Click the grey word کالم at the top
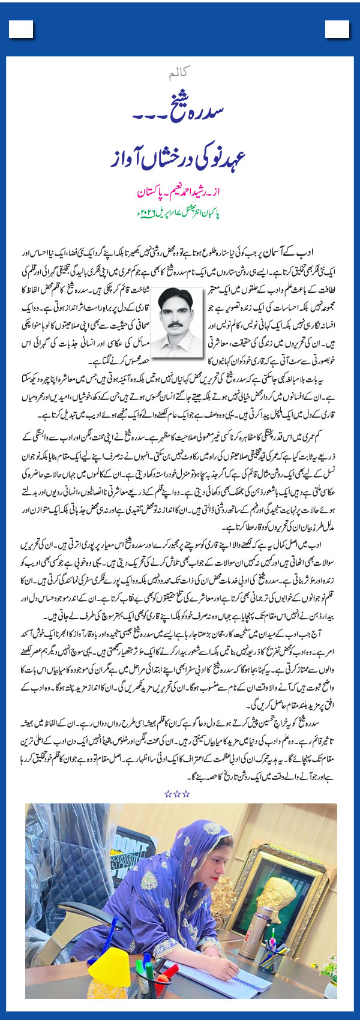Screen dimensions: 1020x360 pos(179,75)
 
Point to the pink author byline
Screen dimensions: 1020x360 pos(180,194)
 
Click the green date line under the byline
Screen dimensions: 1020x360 pos(179,214)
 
